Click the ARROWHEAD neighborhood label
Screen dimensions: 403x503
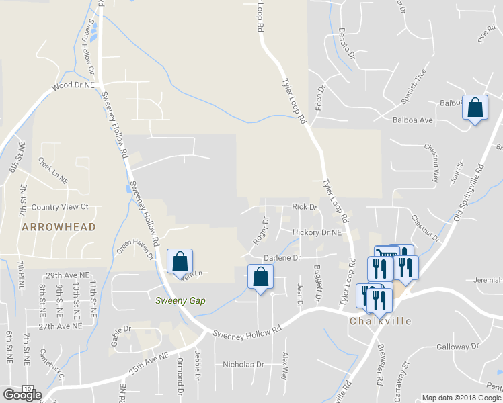[58, 228]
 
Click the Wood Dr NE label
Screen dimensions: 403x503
[75, 86]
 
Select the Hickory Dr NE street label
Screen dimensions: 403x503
[318, 232]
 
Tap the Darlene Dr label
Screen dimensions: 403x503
[282, 257]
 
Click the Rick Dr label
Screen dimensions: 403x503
[304, 207]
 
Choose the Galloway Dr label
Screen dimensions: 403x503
[456, 347]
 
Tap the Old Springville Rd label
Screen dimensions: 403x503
[469, 194]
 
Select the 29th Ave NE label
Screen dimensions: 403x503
[68, 276]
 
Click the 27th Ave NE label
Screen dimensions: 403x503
[60, 326]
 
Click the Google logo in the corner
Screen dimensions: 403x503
[22, 394]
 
